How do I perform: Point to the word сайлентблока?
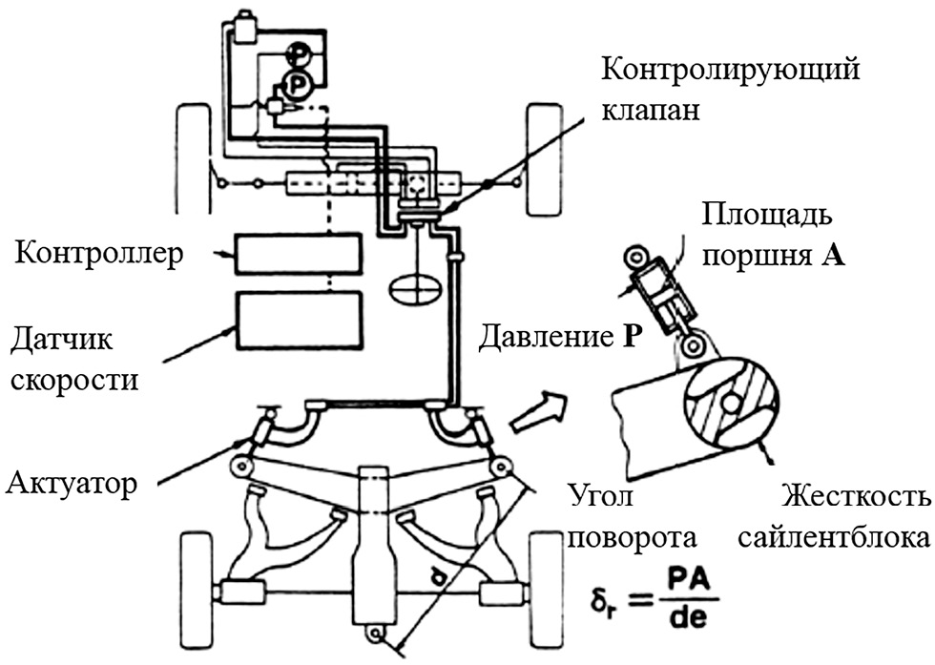[x=834, y=536]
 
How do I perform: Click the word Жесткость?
[x=855, y=498]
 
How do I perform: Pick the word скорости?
[x=74, y=379]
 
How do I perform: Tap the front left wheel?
[x=193, y=158]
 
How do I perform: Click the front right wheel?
[x=545, y=158]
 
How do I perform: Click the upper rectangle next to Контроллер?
[x=300, y=253]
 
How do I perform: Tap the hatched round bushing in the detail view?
[x=731, y=404]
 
